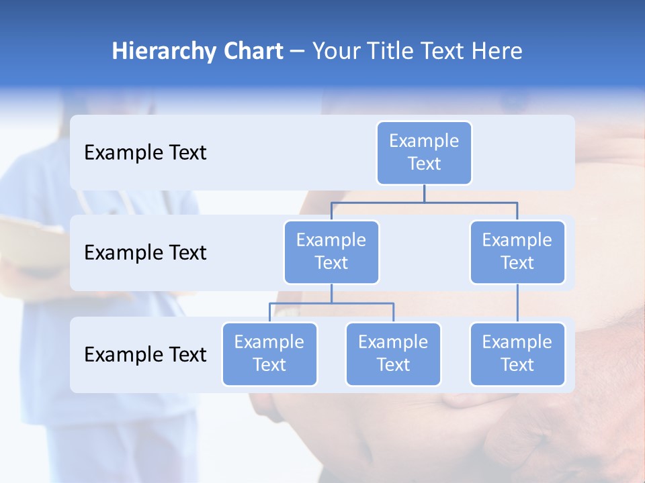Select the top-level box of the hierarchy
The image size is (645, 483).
(x=424, y=152)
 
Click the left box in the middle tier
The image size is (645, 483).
(x=331, y=252)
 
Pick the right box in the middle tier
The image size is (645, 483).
(x=517, y=252)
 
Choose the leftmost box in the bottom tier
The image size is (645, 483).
(x=269, y=354)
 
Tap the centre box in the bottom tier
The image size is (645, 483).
(x=393, y=354)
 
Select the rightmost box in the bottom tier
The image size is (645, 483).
(x=517, y=354)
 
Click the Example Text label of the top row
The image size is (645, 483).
(x=145, y=152)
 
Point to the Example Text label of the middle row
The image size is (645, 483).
(x=145, y=252)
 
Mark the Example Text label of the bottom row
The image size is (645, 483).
(x=145, y=354)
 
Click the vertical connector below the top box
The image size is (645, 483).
(x=424, y=193)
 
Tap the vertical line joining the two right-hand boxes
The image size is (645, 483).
(x=517, y=303)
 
